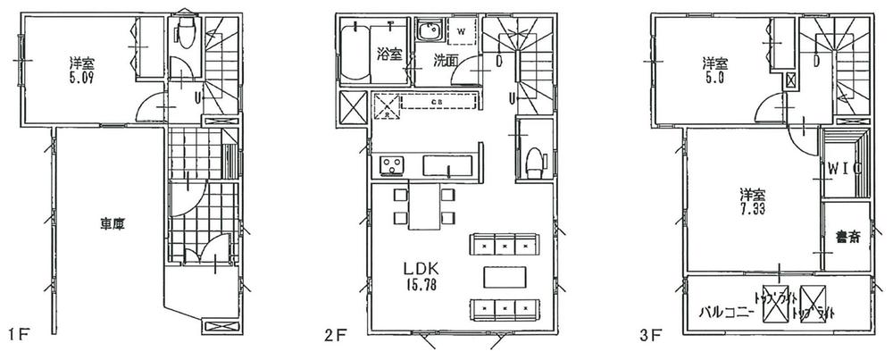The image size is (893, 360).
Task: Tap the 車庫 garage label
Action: tap(112, 226)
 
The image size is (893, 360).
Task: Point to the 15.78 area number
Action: tap(418, 285)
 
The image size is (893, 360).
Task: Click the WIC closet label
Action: tap(842, 167)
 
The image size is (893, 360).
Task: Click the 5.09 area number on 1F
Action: tap(84, 79)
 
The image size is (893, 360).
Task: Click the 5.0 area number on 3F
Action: tap(714, 79)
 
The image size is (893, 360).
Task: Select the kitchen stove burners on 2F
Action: tap(390, 165)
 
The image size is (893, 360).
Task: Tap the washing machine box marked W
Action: tap(462, 32)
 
